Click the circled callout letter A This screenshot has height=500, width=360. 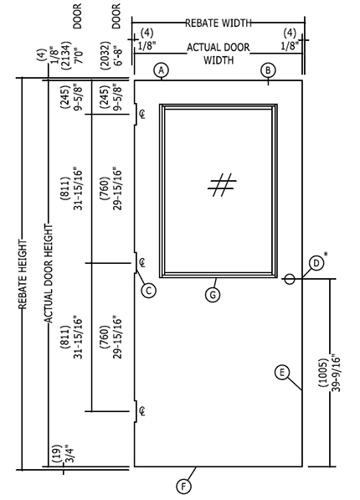pyautogui.click(x=162, y=70)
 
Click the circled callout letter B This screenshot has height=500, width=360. pyautogui.click(x=268, y=70)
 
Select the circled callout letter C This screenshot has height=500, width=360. pyautogui.click(x=148, y=291)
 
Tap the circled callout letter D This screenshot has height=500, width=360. pyautogui.click(x=316, y=264)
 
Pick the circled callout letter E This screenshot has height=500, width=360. pyautogui.click(x=282, y=373)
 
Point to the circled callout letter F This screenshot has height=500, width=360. pyautogui.click(x=183, y=487)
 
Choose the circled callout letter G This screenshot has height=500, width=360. pyautogui.click(x=213, y=294)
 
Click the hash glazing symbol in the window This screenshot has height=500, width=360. pyautogui.click(x=222, y=184)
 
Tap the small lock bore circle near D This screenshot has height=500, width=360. pyautogui.click(x=289, y=280)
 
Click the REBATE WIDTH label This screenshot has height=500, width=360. pyautogui.click(x=219, y=23)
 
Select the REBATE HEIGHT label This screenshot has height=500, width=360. pyautogui.click(x=23, y=275)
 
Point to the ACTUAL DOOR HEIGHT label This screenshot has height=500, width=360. pyautogui.click(x=49, y=273)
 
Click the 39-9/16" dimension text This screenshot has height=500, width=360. pyautogui.click(x=336, y=372)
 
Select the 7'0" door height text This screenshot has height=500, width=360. pyautogui.click(x=79, y=55)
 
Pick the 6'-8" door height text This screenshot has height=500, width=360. pyautogui.click(x=118, y=55)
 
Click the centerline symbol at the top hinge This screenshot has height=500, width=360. pyautogui.click(x=142, y=114)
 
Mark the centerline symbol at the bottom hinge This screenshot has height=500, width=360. pyautogui.click(x=142, y=411)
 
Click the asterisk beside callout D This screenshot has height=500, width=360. pyautogui.click(x=326, y=254)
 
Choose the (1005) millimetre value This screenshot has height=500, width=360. pyautogui.click(x=323, y=373)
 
